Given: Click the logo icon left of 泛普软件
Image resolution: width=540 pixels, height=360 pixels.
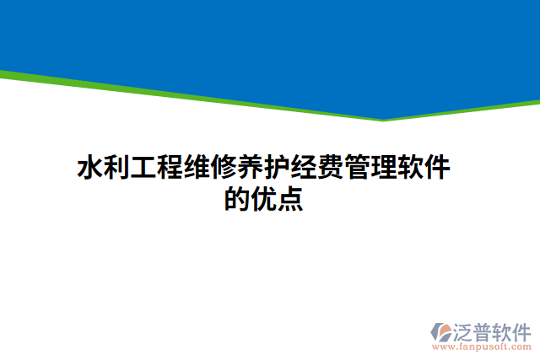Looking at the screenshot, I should [x=442, y=331].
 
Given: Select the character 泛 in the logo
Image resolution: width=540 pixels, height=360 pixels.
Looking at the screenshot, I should [x=465, y=330].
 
